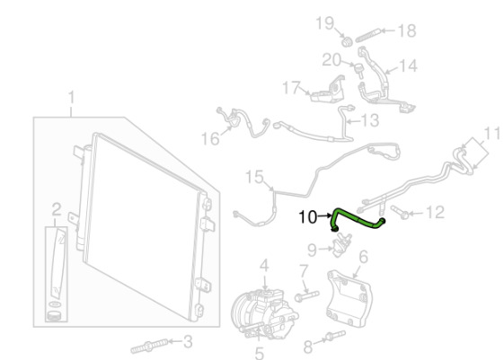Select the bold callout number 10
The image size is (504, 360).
[x=308, y=217]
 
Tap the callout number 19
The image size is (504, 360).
[x=325, y=23]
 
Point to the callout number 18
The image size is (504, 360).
[x=407, y=31]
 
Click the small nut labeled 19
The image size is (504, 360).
[x=347, y=42]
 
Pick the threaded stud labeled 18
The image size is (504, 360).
[x=368, y=35]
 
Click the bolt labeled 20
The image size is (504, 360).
[x=359, y=71]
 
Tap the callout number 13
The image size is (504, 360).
[x=370, y=120]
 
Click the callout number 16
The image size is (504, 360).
[x=210, y=139]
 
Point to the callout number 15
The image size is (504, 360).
[x=254, y=177]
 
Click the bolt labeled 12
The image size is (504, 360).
[x=400, y=212]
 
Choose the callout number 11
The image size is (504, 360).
[x=492, y=133]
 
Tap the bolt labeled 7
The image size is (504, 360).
[x=307, y=296]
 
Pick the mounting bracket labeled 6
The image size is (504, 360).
[x=348, y=299]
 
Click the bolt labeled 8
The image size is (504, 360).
[x=336, y=335]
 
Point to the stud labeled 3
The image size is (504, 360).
[x=149, y=346]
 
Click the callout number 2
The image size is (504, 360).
[x=57, y=209]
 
